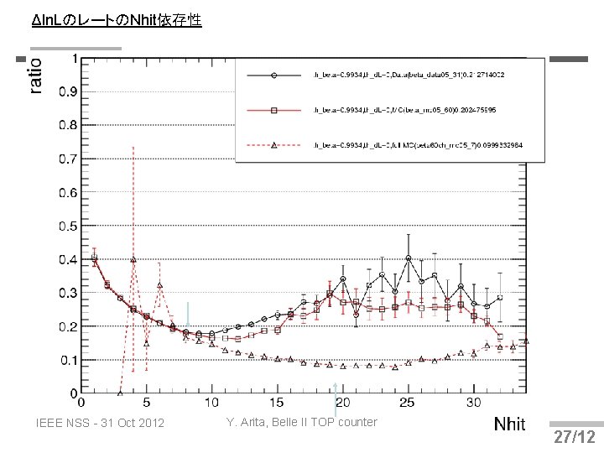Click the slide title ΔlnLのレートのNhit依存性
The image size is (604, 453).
point(116,19)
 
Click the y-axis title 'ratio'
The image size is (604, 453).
point(35,75)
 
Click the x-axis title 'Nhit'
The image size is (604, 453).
point(509,424)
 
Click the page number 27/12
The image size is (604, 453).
point(575,437)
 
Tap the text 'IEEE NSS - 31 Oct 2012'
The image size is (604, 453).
point(101,422)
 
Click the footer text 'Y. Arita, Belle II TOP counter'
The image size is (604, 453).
point(302,421)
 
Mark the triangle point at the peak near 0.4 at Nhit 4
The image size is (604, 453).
point(133,259)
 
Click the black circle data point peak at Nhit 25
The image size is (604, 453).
point(408,258)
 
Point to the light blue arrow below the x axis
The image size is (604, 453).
point(336,399)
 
